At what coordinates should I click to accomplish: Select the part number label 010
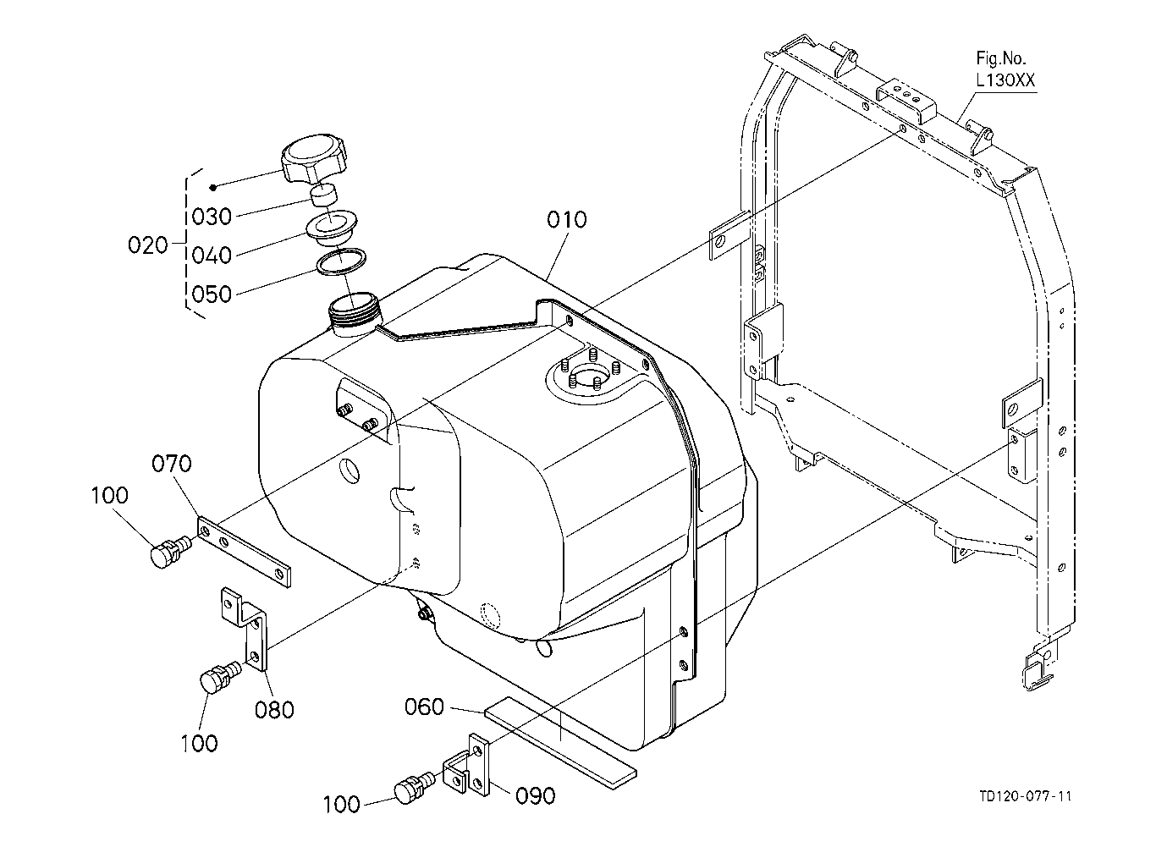point(567,220)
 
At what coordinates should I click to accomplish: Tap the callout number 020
point(148,245)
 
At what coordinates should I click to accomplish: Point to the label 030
point(212,216)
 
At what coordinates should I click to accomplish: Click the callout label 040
point(212,256)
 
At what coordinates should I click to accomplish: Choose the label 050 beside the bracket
point(212,294)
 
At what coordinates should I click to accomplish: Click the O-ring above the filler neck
point(342,261)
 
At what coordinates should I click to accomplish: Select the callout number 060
point(425,707)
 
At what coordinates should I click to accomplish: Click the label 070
point(172,463)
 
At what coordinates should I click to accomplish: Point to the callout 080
point(274,709)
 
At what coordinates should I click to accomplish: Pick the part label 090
point(535,796)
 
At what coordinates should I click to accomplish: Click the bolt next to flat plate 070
point(171,551)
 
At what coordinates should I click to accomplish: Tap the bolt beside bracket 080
point(220,677)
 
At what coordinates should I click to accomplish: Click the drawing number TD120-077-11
point(1025,796)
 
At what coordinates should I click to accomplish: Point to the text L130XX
point(1005,80)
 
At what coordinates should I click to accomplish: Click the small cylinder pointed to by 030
point(323,195)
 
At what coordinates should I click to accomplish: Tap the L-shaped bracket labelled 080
point(245,630)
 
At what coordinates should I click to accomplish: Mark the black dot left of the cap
point(212,188)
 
